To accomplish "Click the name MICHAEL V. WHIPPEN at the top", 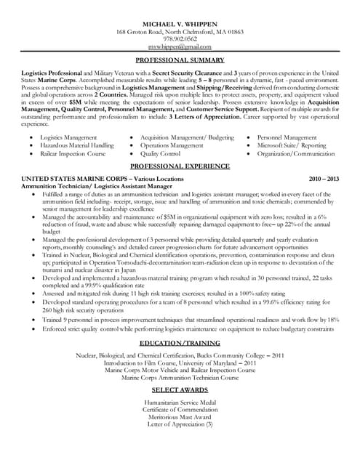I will pyautogui.click(x=180, y=24).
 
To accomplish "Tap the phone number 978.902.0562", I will pyautogui.click(x=180, y=40).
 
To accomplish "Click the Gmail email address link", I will pyautogui.click(x=180, y=47).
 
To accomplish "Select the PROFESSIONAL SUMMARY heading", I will pyautogui.click(x=180, y=60).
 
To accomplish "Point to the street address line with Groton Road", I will pyautogui.click(x=180, y=32).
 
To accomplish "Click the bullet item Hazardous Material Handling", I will pyautogui.click(x=76, y=145).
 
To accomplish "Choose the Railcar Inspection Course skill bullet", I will pyautogui.click(x=73, y=154).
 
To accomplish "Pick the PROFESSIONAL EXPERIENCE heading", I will pyautogui.click(x=180, y=166).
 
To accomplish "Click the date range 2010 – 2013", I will pyautogui.click(x=324, y=178).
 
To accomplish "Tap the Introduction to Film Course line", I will pyautogui.click(x=180, y=362).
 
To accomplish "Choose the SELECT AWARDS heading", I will pyautogui.click(x=180, y=390).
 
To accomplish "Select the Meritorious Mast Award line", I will pyautogui.click(x=180, y=418).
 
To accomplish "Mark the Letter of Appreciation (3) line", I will pyautogui.click(x=180, y=425).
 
